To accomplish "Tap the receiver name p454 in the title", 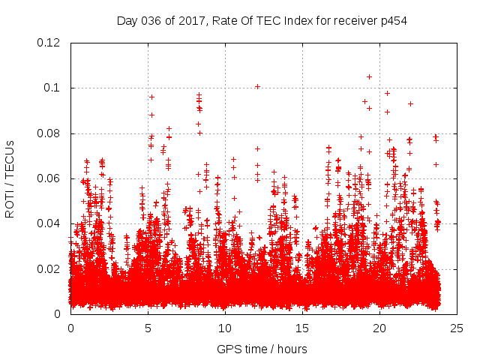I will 391,20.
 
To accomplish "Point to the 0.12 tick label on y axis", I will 49,43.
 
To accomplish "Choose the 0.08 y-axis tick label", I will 49,133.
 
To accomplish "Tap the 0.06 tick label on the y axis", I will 49,178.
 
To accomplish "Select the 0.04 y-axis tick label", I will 49,223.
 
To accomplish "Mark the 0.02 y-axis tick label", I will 49,268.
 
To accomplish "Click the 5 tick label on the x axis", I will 148,328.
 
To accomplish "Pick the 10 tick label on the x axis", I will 225,328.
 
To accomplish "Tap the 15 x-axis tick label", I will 302,328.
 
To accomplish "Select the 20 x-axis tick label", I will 379,328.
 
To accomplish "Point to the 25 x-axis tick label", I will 457,328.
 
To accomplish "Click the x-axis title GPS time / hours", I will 262,349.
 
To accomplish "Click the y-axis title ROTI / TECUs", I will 10,178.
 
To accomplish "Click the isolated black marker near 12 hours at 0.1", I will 257,86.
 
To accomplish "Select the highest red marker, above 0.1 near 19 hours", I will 369,76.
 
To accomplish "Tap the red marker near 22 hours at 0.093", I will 410,103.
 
